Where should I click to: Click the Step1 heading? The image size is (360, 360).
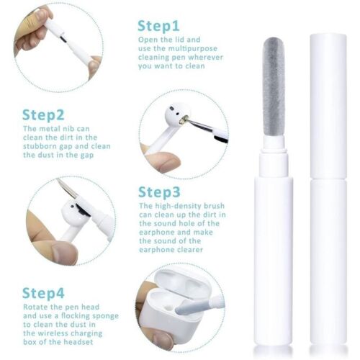[158, 26]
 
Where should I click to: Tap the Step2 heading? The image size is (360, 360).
[43, 115]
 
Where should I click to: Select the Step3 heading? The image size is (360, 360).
[159, 192]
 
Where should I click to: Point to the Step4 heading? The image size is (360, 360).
[43, 293]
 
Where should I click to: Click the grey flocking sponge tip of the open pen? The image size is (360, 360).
[274, 87]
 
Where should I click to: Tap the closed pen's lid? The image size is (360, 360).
[328, 106]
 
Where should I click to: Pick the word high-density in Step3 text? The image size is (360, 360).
[178, 206]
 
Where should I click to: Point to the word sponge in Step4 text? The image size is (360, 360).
[105, 316]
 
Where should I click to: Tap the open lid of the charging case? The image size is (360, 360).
[182, 282]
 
